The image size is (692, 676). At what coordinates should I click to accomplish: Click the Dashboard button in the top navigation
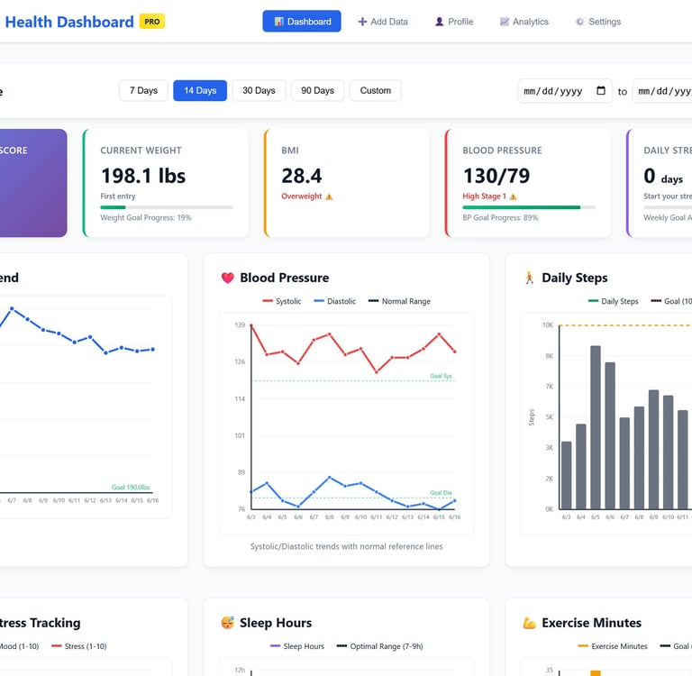coord(302,22)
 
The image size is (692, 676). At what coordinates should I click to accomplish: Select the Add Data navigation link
coord(383,22)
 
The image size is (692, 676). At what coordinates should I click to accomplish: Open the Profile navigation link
coord(454,22)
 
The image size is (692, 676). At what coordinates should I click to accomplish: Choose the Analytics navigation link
coord(524,22)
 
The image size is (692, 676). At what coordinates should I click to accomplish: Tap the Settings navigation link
coord(598,22)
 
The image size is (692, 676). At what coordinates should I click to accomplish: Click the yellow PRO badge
coord(152,22)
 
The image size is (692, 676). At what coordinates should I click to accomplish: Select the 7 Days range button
coord(143,90)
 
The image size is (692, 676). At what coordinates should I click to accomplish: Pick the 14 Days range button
coord(200,90)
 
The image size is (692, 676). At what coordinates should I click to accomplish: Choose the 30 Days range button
coord(259,90)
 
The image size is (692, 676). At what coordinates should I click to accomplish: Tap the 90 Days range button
coord(317,90)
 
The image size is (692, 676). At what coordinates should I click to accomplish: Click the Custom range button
coord(375,90)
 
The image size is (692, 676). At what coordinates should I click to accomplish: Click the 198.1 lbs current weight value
coord(143,175)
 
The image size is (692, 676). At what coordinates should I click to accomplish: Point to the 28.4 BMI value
coord(302,175)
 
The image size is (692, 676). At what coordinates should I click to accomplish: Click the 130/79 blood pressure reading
coord(496,175)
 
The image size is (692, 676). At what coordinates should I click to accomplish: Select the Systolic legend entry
coord(282,301)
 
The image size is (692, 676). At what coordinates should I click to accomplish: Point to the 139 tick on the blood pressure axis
coord(240,324)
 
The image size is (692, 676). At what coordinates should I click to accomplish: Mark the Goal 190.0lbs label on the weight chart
coord(131,487)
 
